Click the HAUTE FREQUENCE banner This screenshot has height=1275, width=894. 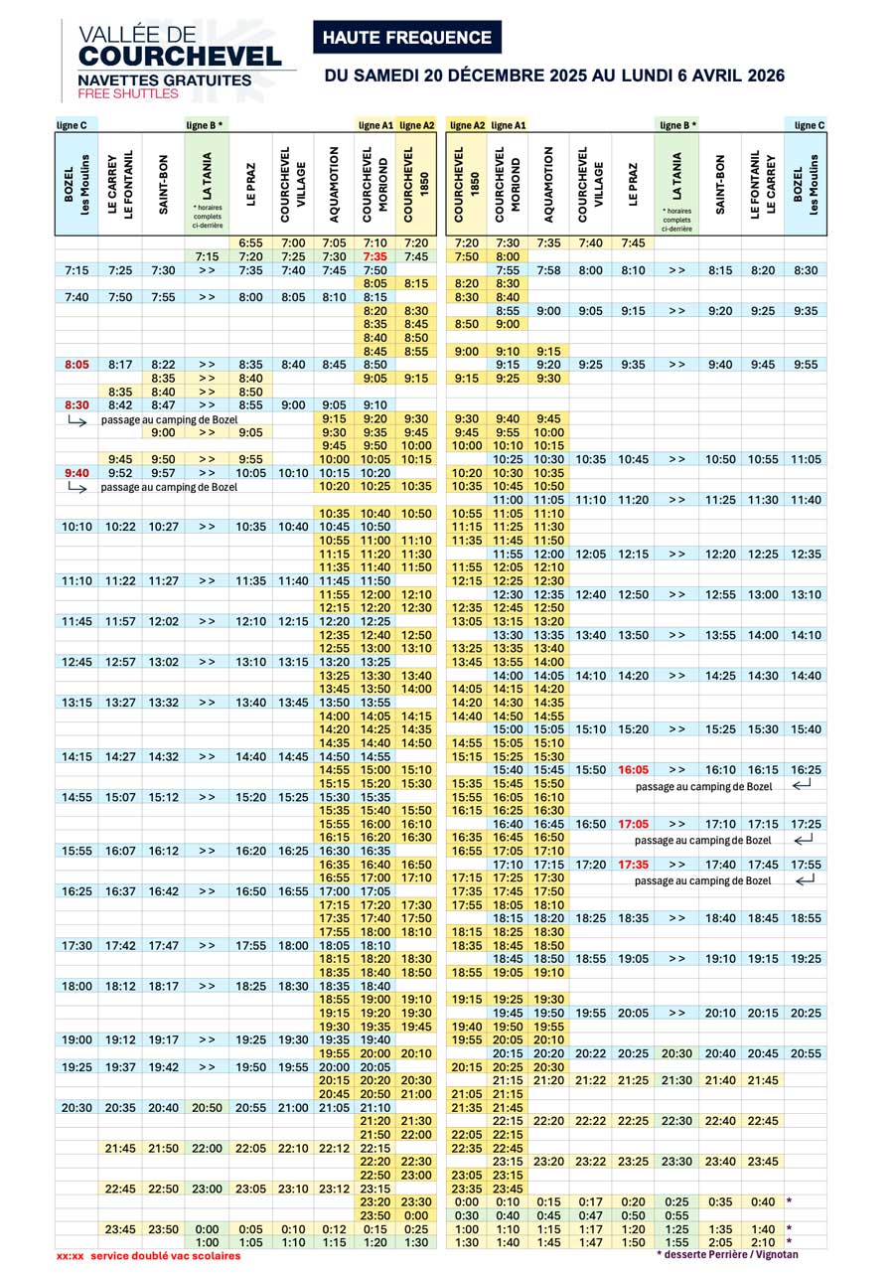tap(407, 38)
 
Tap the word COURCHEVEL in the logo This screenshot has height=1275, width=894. tap(179, 57)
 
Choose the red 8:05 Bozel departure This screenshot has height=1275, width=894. tap(76, 365)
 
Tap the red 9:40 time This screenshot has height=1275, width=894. tap(76, 473)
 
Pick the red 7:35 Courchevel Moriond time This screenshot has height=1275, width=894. tap(374, 256)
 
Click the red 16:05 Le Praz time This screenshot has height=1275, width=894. tap(633, 770)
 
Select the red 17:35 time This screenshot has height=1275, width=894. tap(633, 865)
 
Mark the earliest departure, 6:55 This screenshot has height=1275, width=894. tap(250, 243)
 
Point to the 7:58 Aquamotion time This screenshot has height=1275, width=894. tap(547, 270)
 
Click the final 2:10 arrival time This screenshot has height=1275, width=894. tap(763, 1242)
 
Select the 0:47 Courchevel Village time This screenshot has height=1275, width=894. tap(591, 1215)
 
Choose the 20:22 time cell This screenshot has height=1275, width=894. tap(591, 1053)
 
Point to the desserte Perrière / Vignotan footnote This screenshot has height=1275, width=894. tap(727, 1255)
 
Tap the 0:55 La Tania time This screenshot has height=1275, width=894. tap(676, 1215)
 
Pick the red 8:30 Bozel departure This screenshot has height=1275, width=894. tap(76, 405)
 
